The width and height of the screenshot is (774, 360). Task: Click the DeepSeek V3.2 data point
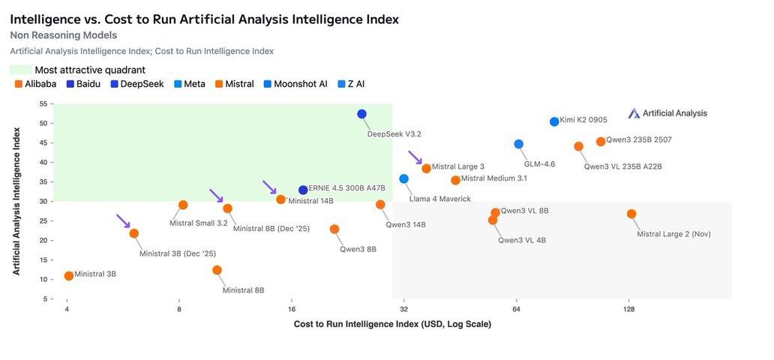361,114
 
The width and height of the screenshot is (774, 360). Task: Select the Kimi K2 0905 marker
554,121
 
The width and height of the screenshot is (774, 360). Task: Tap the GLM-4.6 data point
518,144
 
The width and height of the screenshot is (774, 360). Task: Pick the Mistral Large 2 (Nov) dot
631,214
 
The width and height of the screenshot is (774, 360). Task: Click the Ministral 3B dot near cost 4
69,276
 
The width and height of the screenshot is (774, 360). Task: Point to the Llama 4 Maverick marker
403,178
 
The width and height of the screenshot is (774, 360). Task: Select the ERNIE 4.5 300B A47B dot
303,190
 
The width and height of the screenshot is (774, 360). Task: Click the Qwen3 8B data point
334,229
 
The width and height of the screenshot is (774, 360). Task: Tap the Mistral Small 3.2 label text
198,223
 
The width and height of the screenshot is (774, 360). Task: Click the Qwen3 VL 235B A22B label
622,166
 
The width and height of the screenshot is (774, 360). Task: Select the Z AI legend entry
351,84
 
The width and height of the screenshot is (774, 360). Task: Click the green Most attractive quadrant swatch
20,70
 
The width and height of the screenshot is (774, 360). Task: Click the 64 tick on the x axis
516,309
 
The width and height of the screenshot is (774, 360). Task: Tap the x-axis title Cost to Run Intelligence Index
392,324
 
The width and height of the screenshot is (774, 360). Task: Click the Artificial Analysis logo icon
634,113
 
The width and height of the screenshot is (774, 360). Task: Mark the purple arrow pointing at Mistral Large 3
415,157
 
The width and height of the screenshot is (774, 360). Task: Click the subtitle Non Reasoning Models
63,35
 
